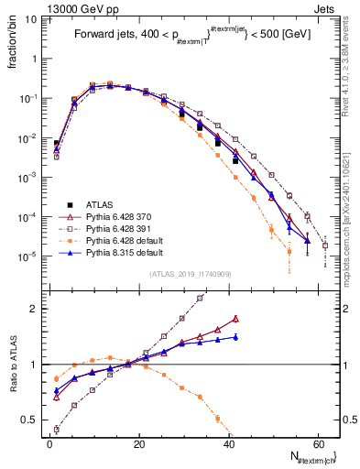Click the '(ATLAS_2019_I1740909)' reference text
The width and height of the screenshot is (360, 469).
click(189, 273)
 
